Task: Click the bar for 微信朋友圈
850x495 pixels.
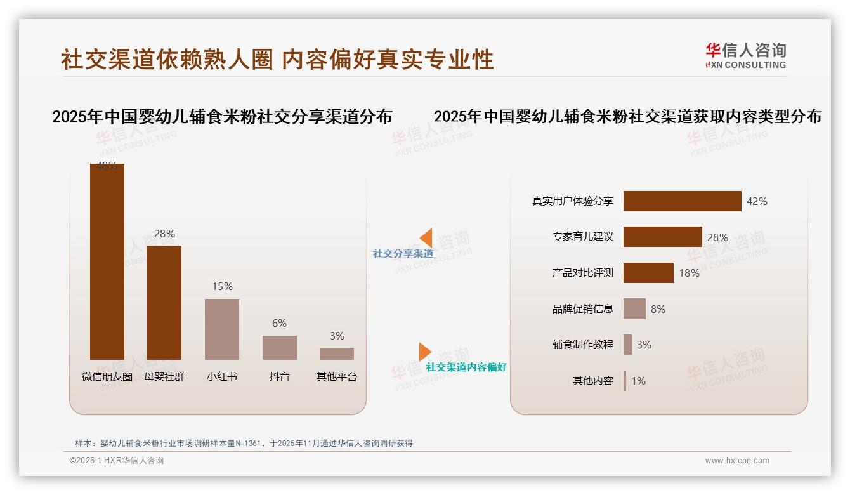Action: coord(107,261)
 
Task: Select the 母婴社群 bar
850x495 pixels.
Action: coord(164,302)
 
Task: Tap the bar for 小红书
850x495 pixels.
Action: coord(222,329)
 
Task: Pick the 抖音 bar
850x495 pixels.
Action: coord(280,347)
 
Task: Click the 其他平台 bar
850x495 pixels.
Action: coord(337,353)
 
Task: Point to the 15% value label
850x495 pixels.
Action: coord(222,286)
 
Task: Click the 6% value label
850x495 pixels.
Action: coord(279,323)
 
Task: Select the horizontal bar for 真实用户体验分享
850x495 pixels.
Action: coord(682,201)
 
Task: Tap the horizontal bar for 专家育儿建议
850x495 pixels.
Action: coord(662,237)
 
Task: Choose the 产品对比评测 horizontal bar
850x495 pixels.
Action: coord(648,273)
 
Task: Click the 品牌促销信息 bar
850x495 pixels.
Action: coord(634,309)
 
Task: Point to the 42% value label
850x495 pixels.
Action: coord(757,201)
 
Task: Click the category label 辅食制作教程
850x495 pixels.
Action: coord(582,345)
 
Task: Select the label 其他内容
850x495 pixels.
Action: coord(592,381)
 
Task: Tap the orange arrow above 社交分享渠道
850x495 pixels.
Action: coord(426,237)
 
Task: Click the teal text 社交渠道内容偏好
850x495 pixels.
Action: coord(466,367)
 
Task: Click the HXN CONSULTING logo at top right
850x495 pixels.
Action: coord(745,55)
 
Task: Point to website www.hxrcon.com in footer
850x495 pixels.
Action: coord(737,461)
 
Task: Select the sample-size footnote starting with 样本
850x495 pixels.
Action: coord(244,443)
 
